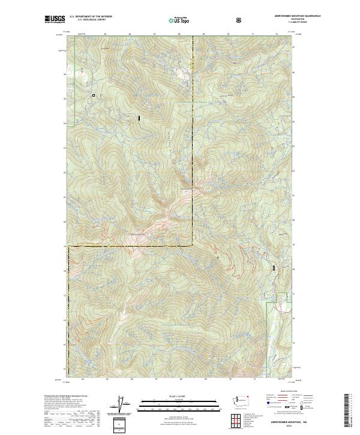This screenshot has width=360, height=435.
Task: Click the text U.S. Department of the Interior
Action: click(x=91, y=17)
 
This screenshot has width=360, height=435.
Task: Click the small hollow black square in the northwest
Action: click(x=94, y=95)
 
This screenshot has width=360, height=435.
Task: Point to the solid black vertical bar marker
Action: click(x=139, y=118)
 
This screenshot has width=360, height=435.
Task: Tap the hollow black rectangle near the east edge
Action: click(x=274, y=269)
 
